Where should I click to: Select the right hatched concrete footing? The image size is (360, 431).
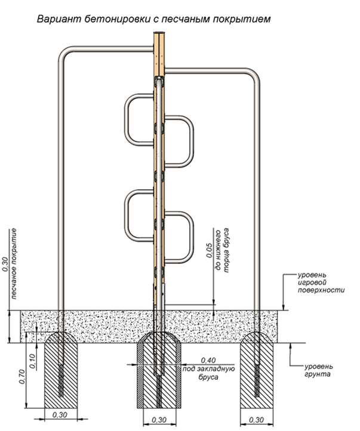(257, 373)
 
